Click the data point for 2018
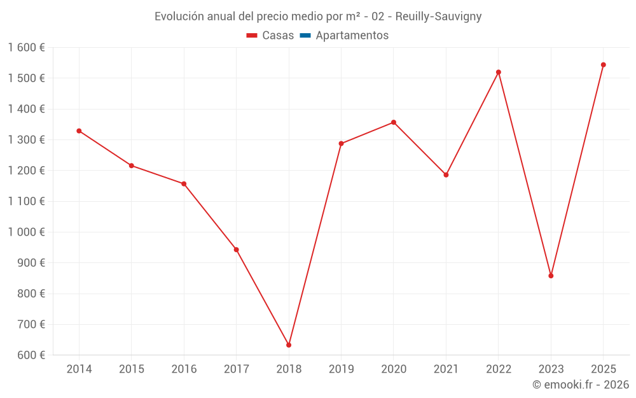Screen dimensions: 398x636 tap(289, 345)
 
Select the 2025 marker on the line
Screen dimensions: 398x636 tap(603, 65)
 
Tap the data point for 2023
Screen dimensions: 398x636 tap(551, 276)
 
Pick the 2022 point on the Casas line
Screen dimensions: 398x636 tap(499, 72)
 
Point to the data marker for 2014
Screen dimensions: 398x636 tap(79, 131)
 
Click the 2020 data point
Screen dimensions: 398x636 tap(394, 122)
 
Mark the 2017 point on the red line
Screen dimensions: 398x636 tap(236, 250)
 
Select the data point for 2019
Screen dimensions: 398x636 tap(341, 143)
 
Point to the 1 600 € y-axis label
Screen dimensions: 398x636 tap(27, 48)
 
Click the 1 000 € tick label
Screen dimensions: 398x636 tap(27, 232)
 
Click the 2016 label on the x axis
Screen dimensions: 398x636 tap(184, 369)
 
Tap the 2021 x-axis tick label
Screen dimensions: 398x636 tap(446, 369)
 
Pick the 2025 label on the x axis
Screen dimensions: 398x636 tap(603, 369)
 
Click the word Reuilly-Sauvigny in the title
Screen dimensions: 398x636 tap(438, 17)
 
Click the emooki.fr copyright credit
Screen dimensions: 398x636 tap(581, 385)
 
